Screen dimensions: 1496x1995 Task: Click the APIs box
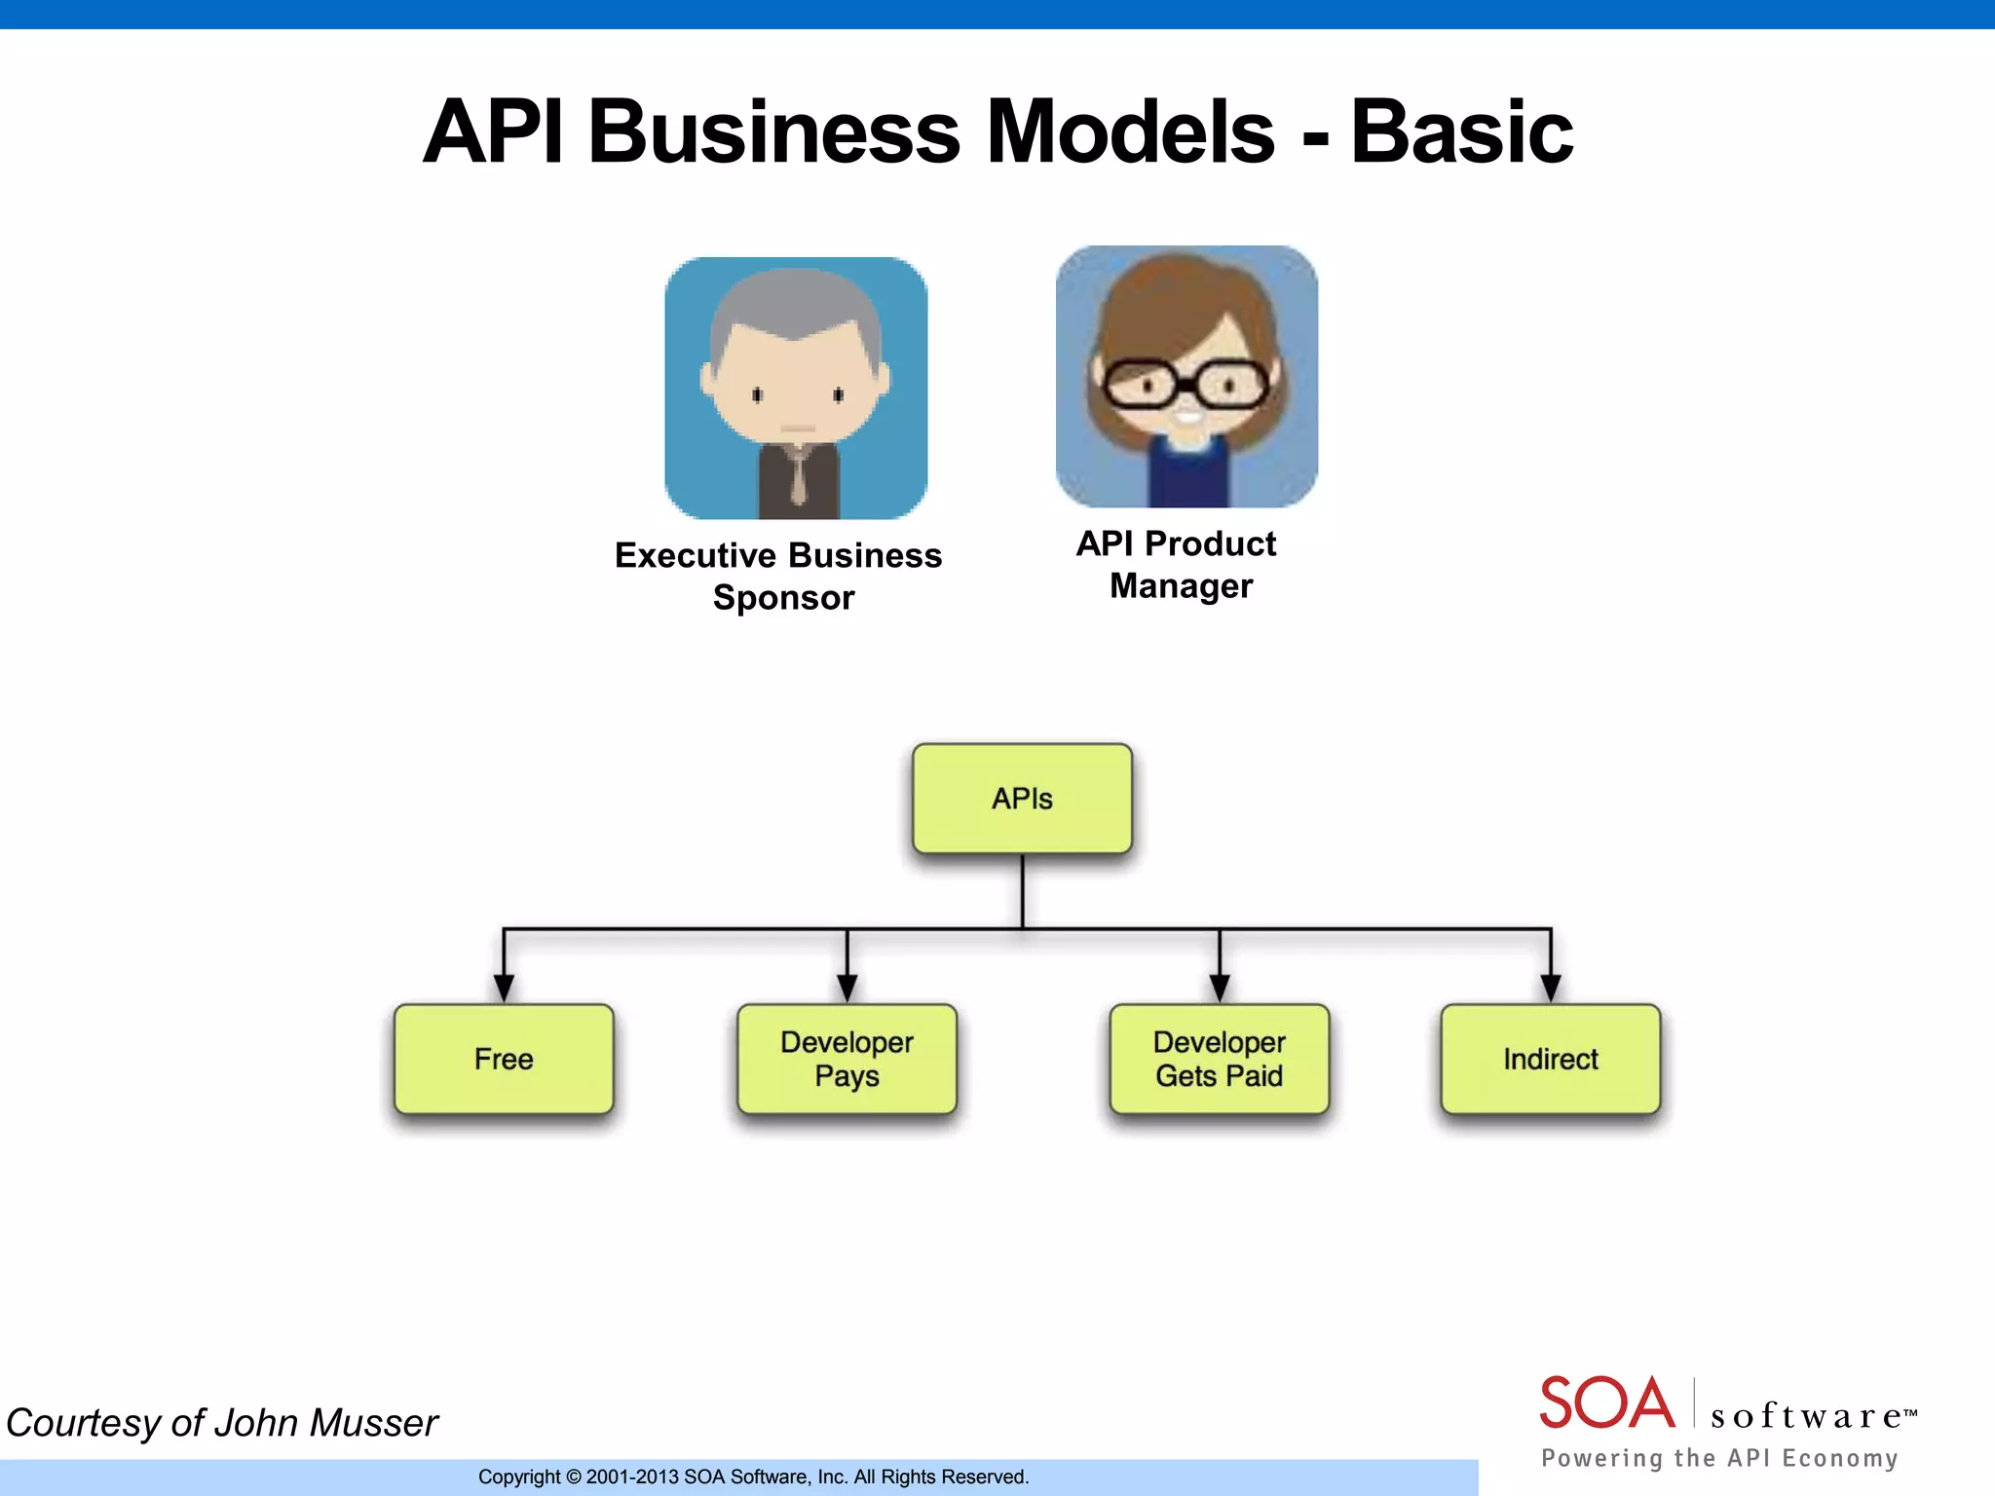(x=1022, y=799)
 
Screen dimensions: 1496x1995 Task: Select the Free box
(x=504, y=1059)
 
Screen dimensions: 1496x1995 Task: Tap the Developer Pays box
(x=847, y=1059)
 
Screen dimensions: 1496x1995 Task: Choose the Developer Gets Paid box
(x=1219, y=1059)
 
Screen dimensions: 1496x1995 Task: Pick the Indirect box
(x=1550, y=1059)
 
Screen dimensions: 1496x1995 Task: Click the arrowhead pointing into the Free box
(x=504, y=988)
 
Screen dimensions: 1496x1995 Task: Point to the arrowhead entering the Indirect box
(x=1551, y=988)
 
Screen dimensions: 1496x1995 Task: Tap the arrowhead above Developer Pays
(x=847, y=988)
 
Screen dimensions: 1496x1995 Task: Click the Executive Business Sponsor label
(x=779, y=576)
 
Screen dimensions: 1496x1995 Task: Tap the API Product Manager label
(x=1177, y=564)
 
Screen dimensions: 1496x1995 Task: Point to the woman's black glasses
(x=1186, y=384)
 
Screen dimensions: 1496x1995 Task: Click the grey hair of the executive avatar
(x=797, y=302)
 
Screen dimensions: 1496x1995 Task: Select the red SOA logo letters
(x=1606, y=1403)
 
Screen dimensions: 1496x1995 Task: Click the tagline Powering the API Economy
(x=1719, y=1458)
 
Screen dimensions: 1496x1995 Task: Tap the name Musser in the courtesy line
(x=373, y=1423)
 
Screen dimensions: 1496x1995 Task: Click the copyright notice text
(x=753, y=1477)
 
